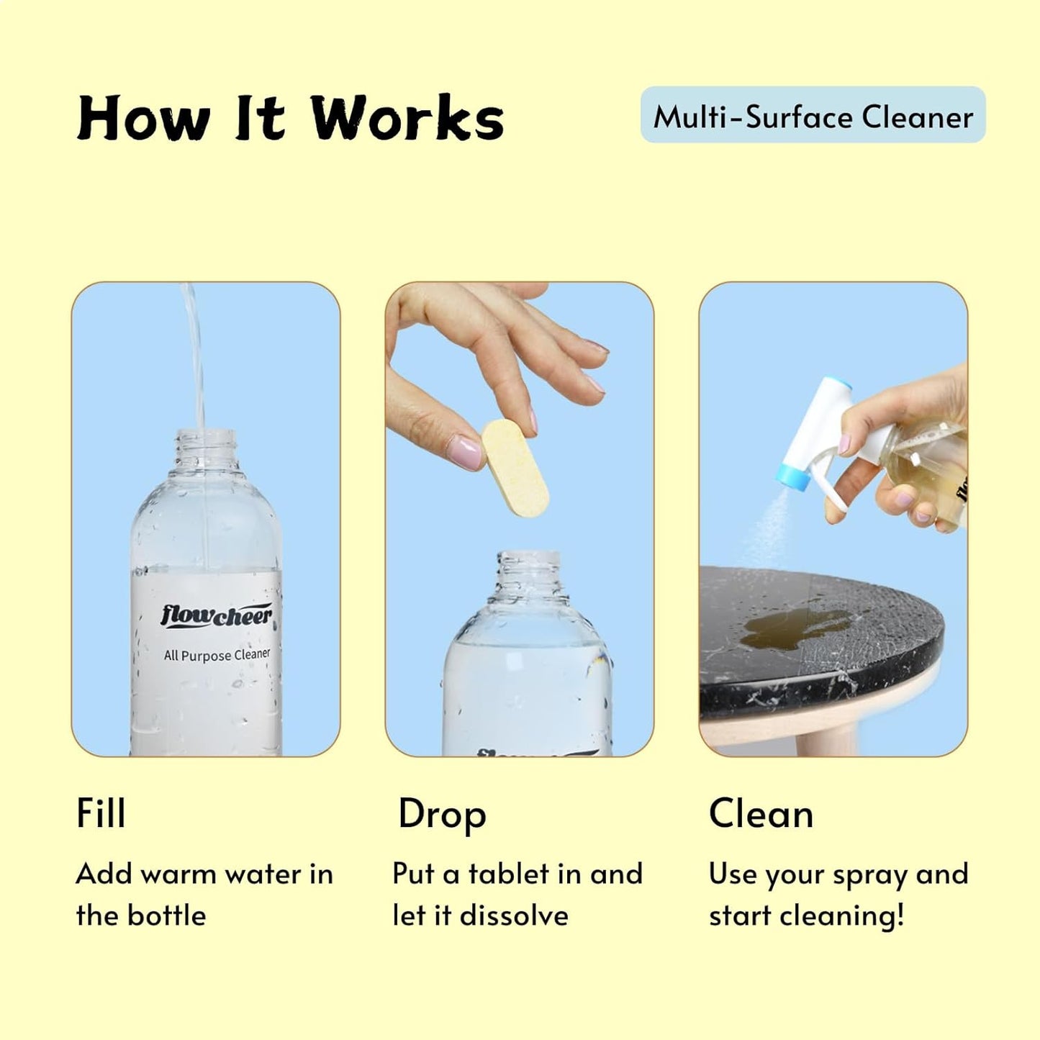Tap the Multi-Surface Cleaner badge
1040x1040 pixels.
813,116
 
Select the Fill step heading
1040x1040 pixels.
101,814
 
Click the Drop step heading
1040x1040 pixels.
442,815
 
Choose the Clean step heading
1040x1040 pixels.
761,814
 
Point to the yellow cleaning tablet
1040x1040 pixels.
515,469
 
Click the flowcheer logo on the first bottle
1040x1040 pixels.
216,616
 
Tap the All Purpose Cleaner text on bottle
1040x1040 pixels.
217,655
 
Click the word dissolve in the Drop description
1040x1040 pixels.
514,915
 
